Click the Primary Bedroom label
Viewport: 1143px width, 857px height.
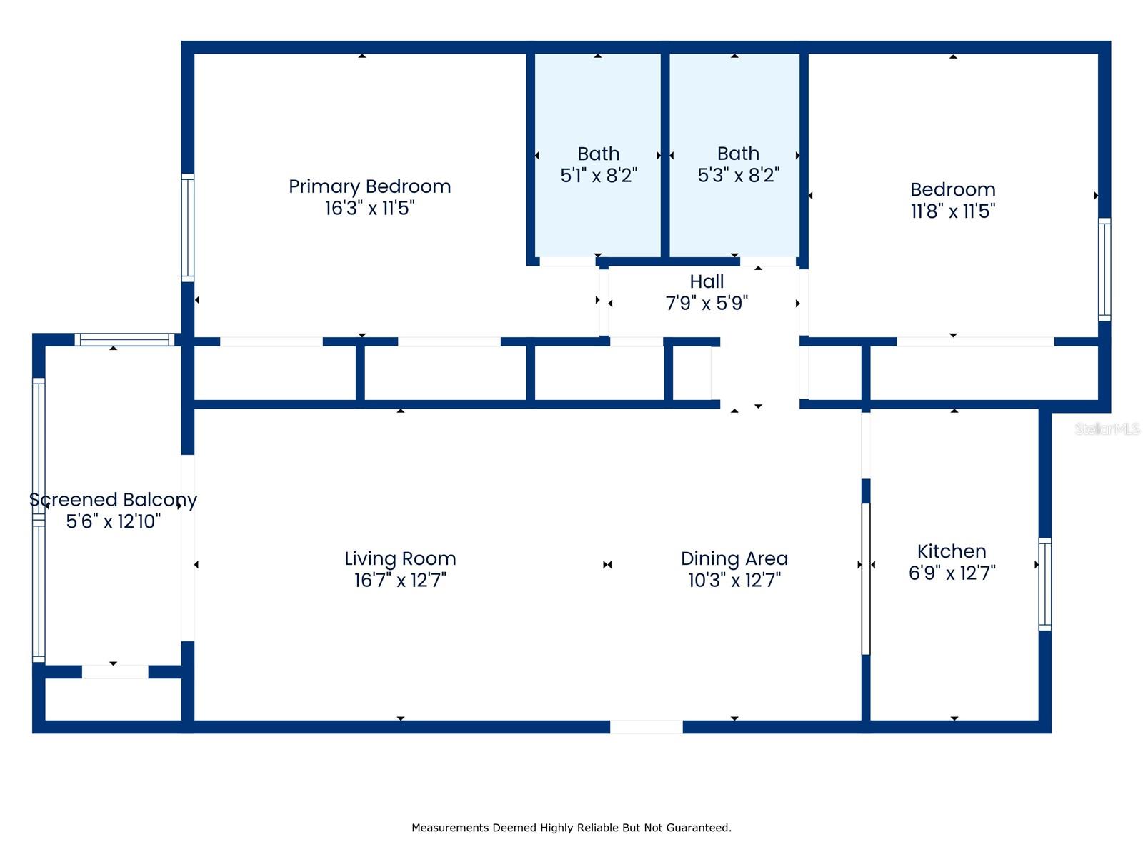(369, 186)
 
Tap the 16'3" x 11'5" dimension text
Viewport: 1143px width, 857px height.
(369, 208)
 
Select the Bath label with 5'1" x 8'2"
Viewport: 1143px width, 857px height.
(599, 154)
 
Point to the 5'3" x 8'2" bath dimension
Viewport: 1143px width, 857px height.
(738, 176)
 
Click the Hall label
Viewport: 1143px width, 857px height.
(706, 281)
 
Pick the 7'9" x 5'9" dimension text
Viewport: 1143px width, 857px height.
(706, 303)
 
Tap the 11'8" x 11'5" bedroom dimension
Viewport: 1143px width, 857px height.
(952, 211)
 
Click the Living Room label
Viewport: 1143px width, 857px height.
(400, 558)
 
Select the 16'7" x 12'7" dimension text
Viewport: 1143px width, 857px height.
(400, 580)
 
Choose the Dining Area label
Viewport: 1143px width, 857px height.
(734, 558)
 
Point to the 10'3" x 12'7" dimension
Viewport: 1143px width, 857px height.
(734, 580)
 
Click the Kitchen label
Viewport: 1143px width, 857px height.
(952, 551)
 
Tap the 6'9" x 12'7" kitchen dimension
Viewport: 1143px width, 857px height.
(952, 573)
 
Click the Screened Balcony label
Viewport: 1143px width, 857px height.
(113, 500)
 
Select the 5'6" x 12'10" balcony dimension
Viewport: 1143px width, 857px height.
(113, 521)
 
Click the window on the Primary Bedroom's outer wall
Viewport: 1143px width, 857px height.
(187, 228)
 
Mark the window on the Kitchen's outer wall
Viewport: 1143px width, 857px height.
(1044, 584)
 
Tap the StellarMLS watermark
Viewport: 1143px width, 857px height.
(1107, 428)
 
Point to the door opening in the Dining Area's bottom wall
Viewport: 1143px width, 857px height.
(646, 727)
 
